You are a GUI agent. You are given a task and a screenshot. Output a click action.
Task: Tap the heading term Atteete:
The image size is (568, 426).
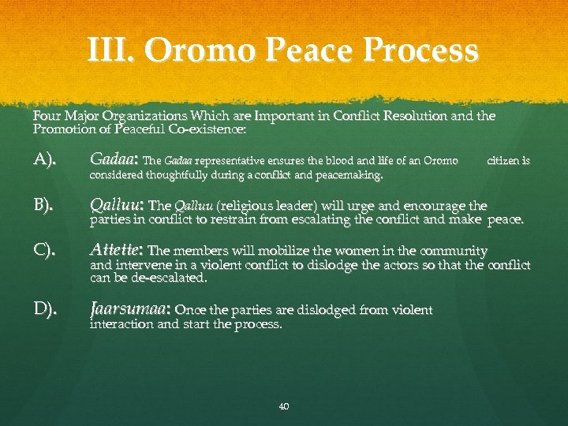click(x=118, y=251)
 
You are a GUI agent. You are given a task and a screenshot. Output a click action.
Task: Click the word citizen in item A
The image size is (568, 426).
click(x=509, y=161)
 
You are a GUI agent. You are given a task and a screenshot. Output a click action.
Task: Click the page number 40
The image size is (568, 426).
click(x=284, y=406)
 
